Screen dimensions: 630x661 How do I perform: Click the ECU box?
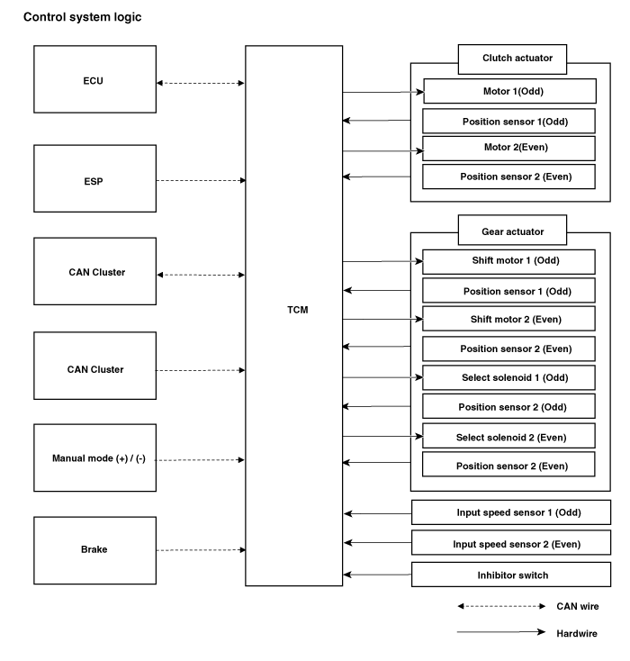pos(94,79)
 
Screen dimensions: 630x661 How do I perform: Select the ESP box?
pos(94,178)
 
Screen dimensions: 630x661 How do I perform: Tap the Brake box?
pos(94,550)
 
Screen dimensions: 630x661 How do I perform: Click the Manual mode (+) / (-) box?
pos(94,457)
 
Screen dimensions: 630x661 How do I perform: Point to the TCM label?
pos(298,310)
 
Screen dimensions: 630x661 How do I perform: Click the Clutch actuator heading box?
pos(512,59)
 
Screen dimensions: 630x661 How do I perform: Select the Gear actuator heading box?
pos(512,231)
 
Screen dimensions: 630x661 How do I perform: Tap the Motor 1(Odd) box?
pos(510,91)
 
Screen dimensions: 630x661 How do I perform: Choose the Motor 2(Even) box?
pos(509,148)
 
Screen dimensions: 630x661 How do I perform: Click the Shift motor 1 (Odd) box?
pos(509,262)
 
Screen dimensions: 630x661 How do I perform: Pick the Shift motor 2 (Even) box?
pos(509,319)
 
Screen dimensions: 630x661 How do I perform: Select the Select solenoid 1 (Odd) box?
pos(509,377)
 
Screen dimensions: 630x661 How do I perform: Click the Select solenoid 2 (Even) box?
pos(509,436)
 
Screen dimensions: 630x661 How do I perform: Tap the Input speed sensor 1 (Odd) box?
pos(511,512)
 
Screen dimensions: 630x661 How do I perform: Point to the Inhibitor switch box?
pos(511,575)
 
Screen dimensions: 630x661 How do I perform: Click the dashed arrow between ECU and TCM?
pos(201,83)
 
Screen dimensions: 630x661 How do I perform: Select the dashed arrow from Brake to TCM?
pos(201,550)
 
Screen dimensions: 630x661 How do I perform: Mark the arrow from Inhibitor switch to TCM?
pos(377,575)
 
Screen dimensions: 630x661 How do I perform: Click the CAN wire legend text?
pos(577,606)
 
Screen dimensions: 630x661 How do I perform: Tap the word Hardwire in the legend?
pos(577,634)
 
